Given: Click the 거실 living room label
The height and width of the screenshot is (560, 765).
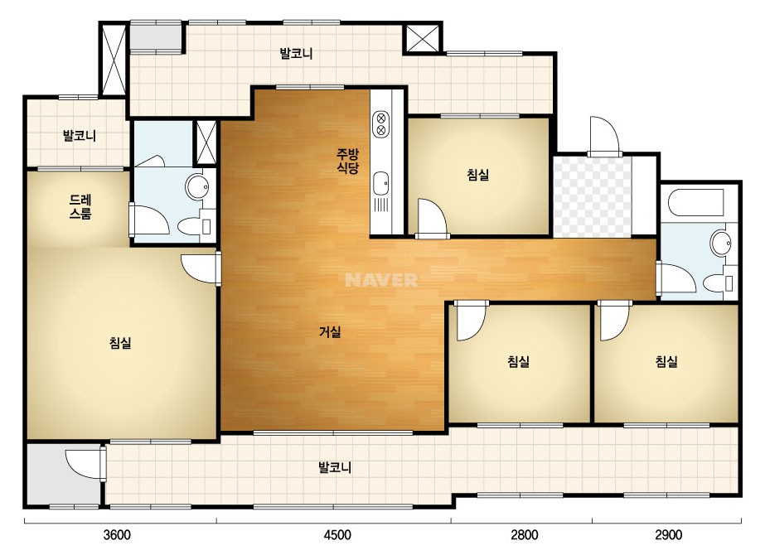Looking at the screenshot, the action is point(330,332).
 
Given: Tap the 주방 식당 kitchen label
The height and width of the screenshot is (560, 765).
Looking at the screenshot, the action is point(348,162).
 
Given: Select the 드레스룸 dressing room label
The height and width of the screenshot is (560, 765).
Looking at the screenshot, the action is point(80,207).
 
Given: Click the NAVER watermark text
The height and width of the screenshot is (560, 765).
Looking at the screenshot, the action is point(381,280).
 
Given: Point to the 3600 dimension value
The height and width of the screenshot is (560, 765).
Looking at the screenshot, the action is point(117,535).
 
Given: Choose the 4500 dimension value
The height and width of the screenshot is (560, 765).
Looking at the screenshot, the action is point(337,535).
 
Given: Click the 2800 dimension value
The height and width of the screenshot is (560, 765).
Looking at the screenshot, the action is point(525,535).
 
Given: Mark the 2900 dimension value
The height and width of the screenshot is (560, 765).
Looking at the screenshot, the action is point(668,535).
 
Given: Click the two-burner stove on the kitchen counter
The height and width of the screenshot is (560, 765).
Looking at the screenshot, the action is point(380,124).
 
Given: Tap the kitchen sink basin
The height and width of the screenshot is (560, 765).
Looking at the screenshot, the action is point(380,184).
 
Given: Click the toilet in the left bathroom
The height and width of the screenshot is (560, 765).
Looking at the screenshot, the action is point(194,226).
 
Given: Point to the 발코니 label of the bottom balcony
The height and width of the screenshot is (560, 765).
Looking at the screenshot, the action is point(335,468).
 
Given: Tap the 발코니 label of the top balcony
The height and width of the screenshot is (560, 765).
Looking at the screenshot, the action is point(296,54).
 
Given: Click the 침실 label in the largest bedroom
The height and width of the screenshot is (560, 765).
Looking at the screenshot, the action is point(120,343).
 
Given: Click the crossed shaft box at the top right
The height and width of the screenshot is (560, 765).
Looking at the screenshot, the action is point(423,38).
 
